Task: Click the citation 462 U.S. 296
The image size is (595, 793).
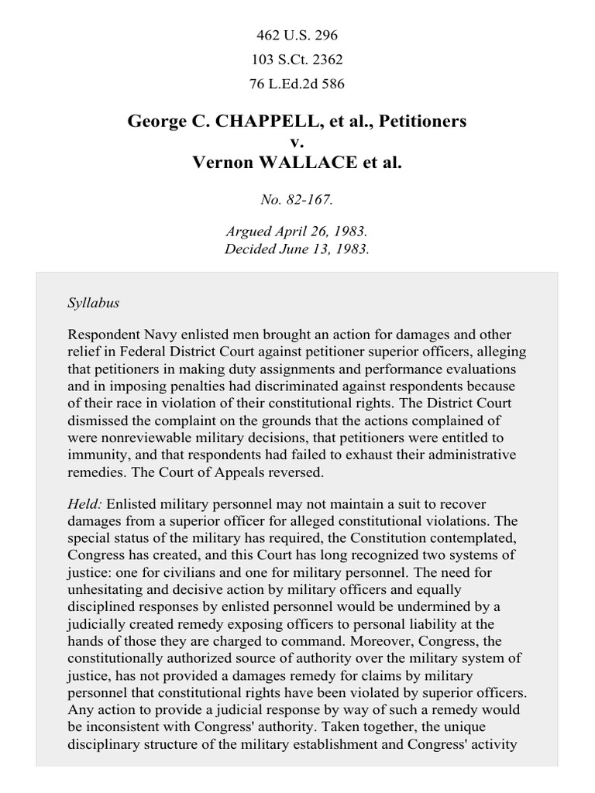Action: point(297,35)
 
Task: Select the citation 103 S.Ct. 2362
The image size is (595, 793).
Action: point(297,60)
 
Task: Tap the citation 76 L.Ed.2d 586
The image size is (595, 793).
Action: point(297,84)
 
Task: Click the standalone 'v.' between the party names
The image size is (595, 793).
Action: point(297,142)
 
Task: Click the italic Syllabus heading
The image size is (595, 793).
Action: point(93,303)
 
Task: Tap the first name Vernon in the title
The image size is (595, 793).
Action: point(224,163)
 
